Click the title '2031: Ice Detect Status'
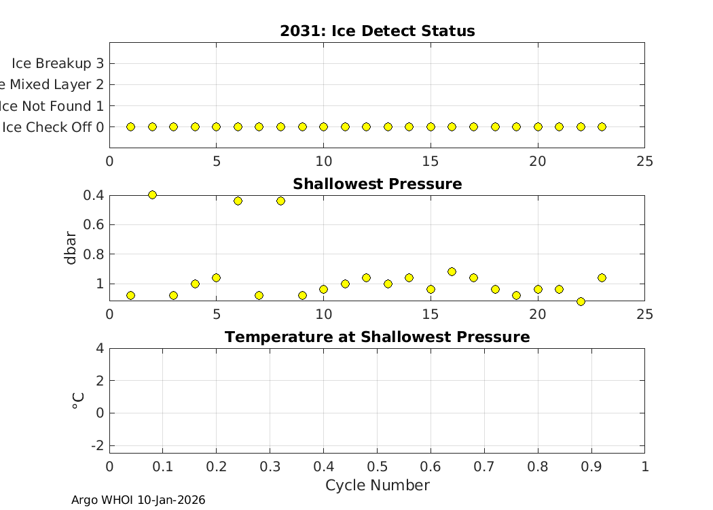(x=377, y=31)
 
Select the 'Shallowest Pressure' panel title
(x=377, y=184)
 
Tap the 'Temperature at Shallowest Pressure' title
(x=377, y=337)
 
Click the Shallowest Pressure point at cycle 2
(x=152, y=195)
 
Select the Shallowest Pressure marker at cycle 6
(x=238, y=201)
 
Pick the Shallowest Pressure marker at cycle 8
(x=280, y=201)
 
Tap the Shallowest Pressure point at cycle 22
(x=581, y=301)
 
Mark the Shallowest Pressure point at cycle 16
(x=452, y=271)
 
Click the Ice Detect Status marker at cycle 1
(x=130, y=126)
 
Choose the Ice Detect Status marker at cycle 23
(x=602, y=126)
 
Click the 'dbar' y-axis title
(x=71, y=248)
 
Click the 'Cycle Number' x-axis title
(x=377, y=486)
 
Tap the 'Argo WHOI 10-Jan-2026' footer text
(x=138, y=500)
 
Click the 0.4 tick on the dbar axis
(x=93, y=195)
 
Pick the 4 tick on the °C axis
(x=99, y=348)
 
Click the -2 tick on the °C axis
(x=97, y=445)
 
